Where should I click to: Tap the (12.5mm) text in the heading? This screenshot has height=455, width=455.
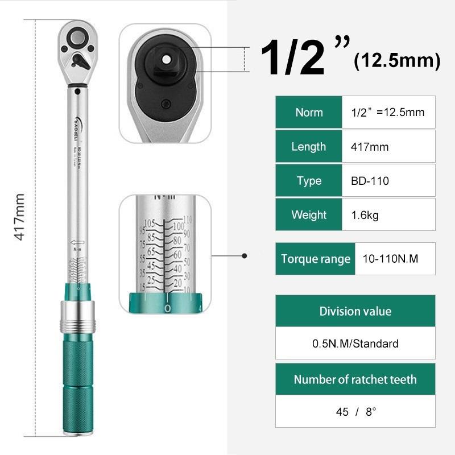(x=397, y=61)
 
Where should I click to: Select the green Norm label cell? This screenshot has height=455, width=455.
(x=309, y=112)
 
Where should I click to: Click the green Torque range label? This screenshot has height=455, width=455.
(x=315, y=259)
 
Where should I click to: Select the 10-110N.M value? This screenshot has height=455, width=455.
(x=390, y=259)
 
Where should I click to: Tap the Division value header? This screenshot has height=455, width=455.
(x=355, y=311)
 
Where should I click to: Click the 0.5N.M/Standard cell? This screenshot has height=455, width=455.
(x=355, y=344)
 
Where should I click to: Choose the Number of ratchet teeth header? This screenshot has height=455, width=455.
(x=355, y=379)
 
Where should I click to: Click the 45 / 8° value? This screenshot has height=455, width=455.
(x=356, y=411)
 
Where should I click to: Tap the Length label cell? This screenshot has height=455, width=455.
(x=309, y=147)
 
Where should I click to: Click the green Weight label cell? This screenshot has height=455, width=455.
(x=309, y=215)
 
